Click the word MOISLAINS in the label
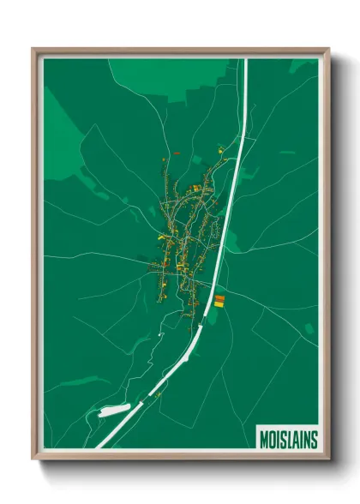coord(288,440)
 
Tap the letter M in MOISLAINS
coord(264,440)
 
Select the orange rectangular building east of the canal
coord(219,298)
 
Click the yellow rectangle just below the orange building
coord(219,304)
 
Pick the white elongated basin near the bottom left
coord(113,411)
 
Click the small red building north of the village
coord(176,153)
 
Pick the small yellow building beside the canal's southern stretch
coord(159,393)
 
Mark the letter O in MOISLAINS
coord(273,440)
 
